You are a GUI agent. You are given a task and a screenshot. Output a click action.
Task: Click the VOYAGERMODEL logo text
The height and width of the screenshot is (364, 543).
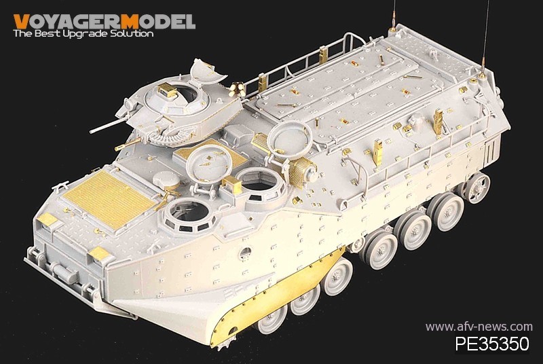[x=105, y=22]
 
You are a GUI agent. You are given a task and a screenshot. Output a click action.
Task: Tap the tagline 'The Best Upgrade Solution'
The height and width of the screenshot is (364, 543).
[x=83, y=33]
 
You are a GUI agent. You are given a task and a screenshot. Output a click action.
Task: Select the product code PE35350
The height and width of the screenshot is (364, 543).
[x=491, y=343]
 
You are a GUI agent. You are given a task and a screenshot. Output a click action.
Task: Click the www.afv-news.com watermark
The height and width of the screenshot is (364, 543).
[x=479, y=327]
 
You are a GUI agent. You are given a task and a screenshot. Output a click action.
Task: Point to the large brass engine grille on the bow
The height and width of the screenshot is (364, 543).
[x=110, y=199]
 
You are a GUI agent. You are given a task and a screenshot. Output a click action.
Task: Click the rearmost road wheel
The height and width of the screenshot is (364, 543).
[x=477, y=187]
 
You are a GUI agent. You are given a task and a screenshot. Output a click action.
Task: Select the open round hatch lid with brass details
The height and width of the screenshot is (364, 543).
[x=208, y=164]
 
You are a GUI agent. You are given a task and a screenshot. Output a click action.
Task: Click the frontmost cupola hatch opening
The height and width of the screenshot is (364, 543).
[x=188, y=211]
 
